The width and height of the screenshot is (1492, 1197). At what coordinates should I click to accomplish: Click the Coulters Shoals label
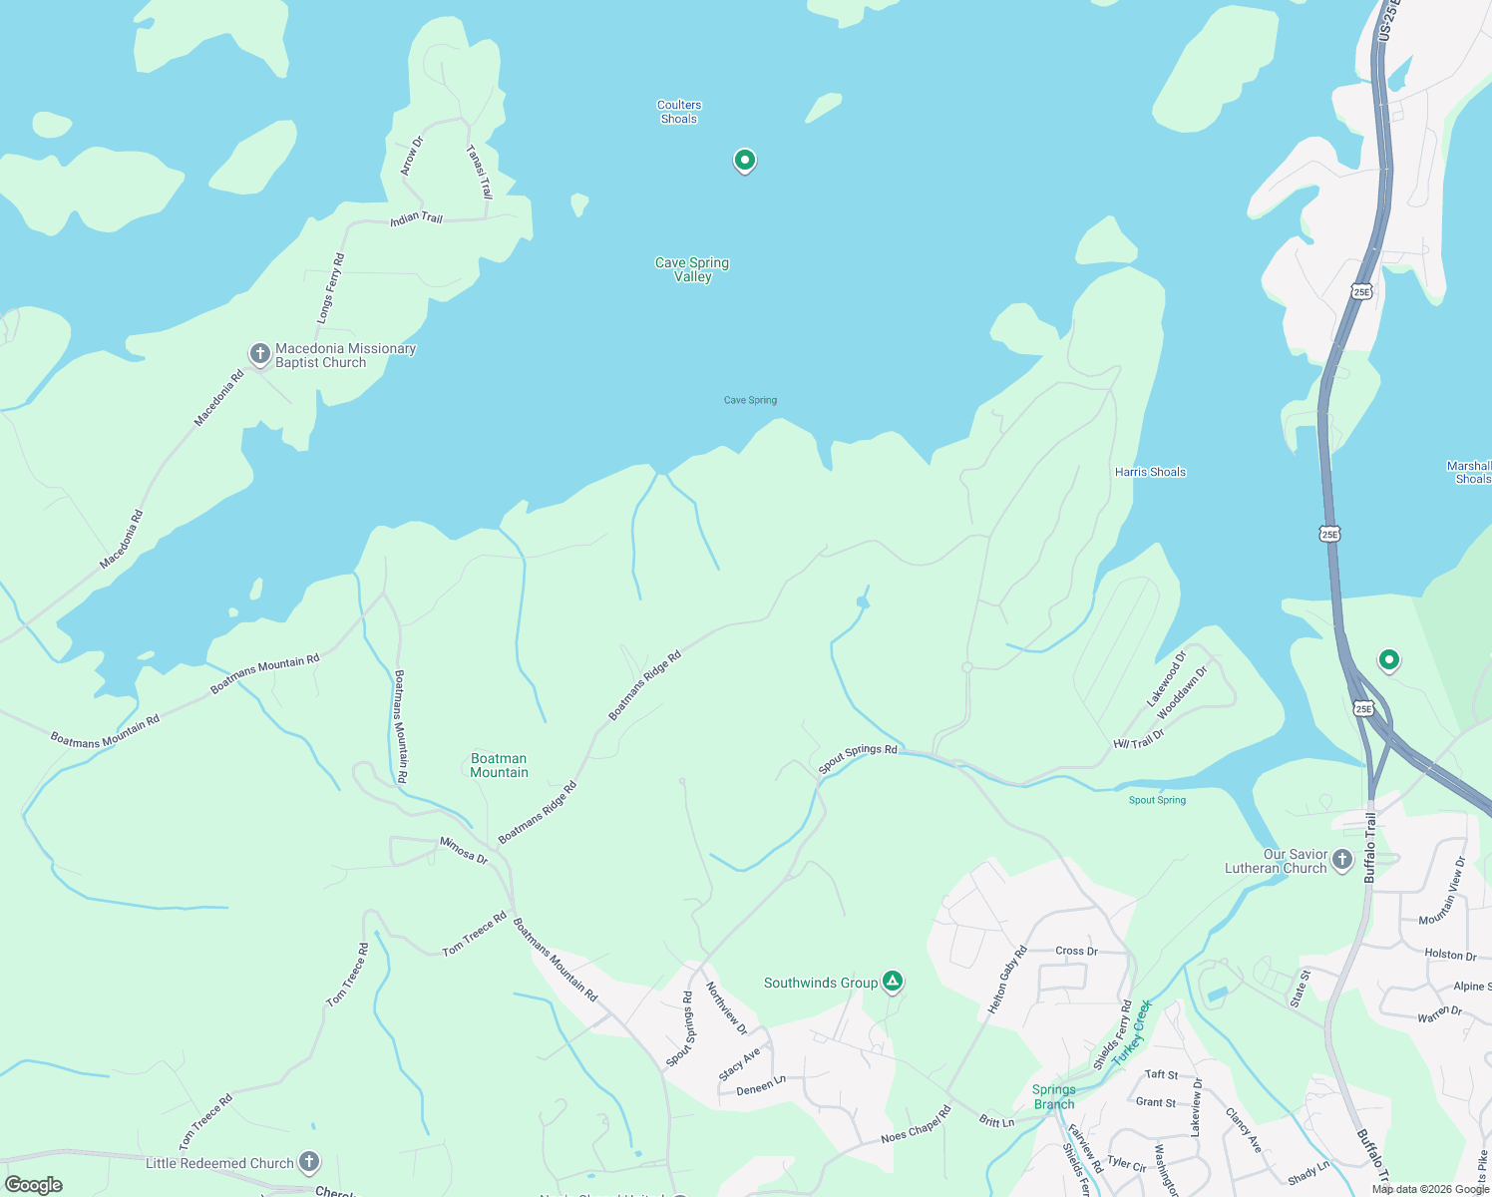tap(679, 112)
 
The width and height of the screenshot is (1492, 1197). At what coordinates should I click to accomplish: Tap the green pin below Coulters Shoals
tap(744, 160)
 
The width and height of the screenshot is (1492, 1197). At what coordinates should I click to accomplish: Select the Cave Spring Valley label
tap(692, 269)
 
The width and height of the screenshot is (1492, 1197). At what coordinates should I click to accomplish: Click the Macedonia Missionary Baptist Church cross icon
tap(259, 353)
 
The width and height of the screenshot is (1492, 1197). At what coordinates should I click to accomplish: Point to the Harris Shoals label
tap(1150, 472)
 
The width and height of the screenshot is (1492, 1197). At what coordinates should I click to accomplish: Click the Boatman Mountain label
tap(499, 765)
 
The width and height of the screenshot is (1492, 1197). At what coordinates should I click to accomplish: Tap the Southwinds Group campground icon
tap(893, 982)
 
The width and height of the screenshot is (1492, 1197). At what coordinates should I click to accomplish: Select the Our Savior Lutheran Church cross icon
tap(1342, 859)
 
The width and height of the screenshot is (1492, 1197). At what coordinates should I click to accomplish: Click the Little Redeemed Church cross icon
tap(309, 1161)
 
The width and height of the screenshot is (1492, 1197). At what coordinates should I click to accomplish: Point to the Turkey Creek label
tap(1132, 1031)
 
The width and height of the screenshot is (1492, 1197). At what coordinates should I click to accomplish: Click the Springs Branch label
tap(1054, 1096)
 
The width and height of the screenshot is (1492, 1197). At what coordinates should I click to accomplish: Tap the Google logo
tap(34, 1185)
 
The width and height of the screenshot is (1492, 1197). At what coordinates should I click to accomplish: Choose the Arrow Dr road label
tap(412, 157)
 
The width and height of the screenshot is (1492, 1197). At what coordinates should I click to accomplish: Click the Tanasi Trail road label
tap(480, 172)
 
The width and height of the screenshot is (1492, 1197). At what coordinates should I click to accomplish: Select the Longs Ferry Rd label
tap(331, 287)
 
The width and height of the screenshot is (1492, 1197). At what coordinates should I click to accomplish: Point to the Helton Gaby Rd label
tap(1007, 980)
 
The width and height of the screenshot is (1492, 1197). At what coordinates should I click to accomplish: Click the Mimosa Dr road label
tap(464, 850)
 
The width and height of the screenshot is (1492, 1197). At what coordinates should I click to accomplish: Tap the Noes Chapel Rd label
tap(916, 1124)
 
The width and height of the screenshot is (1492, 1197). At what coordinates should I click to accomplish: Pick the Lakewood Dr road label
tap(1167, 678)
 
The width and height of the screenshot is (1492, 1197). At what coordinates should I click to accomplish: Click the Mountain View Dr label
tap(1442, 891)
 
